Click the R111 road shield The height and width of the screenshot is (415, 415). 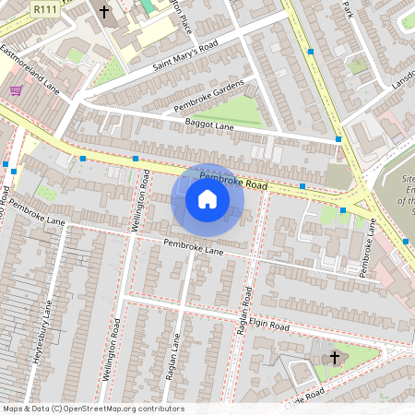pos(41,7)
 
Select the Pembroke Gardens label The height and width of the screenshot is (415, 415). pos(208,96)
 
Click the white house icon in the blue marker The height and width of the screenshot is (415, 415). pos(207,198)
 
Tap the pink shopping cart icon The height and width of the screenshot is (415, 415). pos(16,90)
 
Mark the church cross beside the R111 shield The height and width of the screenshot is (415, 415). pos(103,12)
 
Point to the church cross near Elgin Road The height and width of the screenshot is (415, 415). pos(334,356)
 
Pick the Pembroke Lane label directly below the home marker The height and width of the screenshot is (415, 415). pos(194,246)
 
